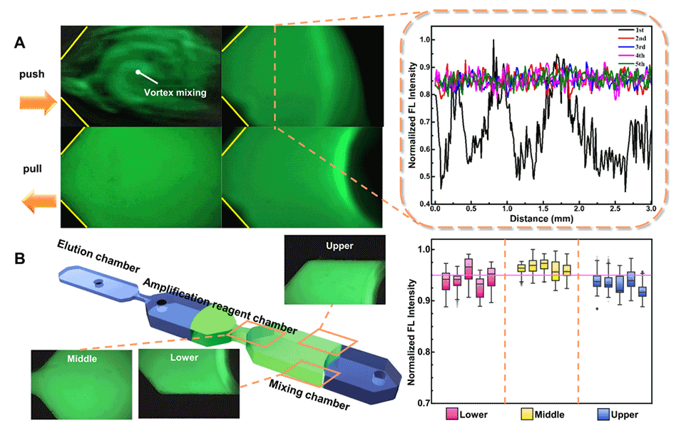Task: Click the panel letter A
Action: point(21,43)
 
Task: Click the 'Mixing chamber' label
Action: point(309,394)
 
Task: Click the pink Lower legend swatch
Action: point(451,414)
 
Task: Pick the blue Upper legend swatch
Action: point(604,414)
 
